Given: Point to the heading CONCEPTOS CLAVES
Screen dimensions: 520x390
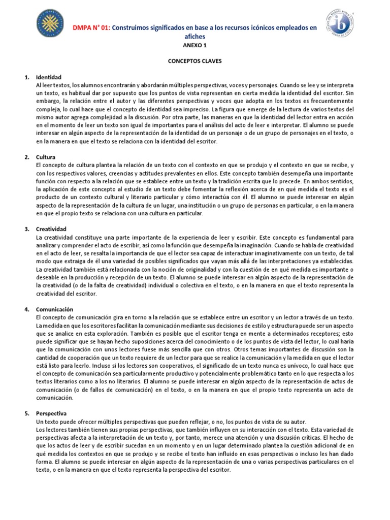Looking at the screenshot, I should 195,61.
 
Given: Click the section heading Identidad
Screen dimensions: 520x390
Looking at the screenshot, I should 49,77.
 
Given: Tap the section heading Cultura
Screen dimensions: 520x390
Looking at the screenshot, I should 46,157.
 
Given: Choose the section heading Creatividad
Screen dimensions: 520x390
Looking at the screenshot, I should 52,229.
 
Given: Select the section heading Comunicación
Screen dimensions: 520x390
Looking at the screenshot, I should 55,309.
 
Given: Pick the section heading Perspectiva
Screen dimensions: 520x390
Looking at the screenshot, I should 51,413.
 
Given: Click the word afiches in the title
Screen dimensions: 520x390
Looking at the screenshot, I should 195,37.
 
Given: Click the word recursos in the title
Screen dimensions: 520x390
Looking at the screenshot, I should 238,27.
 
